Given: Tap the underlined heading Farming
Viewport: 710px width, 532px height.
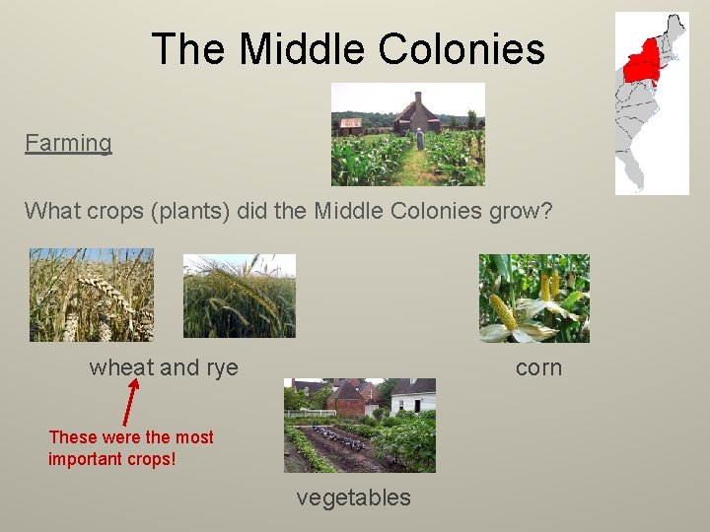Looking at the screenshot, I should point(68,143).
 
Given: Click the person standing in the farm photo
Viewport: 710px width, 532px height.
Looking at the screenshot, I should point(420,138).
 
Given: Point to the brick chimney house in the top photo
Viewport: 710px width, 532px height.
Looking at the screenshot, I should point(416,115).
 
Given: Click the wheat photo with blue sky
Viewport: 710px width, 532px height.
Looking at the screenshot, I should point(91,295).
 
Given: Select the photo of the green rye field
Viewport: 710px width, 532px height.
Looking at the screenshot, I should point(239,296).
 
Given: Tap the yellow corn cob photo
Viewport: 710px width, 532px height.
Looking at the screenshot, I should point(533,298).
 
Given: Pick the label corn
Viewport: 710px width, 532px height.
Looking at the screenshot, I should point(538,368).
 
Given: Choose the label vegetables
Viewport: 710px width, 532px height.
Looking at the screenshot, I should point(353,499).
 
